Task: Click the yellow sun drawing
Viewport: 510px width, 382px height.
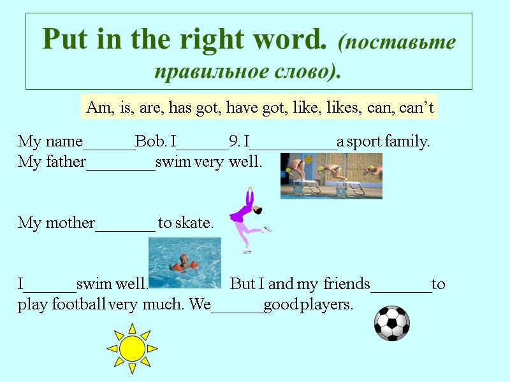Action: pyautogui.click(x=132, y=348)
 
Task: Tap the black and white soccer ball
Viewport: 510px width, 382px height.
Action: pyautogui.click(x=391, y=323)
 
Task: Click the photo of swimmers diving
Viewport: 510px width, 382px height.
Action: pyautogui.click(x=331, y=175)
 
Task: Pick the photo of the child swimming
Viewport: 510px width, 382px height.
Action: pyautogui.click(x=184, y=263)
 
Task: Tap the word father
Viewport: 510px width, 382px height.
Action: pyautogui.click(x=64, y=162)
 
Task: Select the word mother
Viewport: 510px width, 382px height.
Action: pyautogui.click(x=69, y=223)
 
